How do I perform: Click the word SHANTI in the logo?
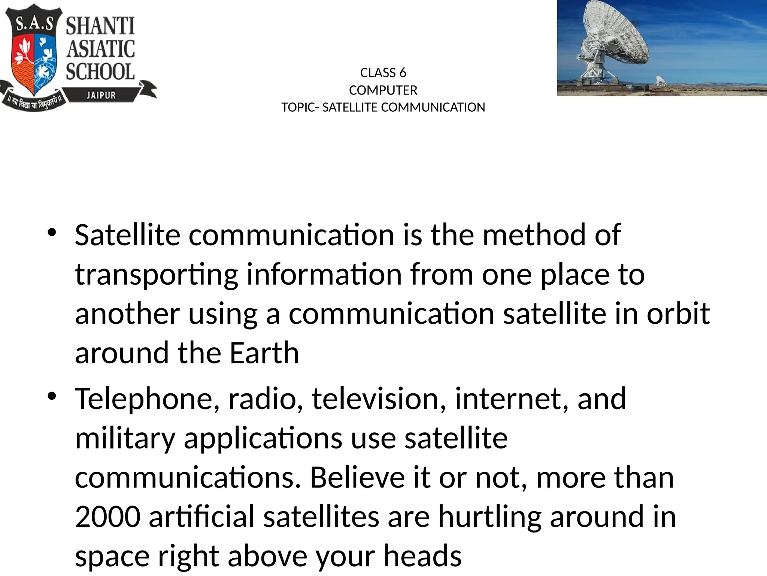tap(100, 27)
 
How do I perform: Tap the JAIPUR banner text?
tap(101, 95)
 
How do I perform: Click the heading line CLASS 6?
tap(383, 73)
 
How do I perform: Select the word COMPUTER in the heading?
tap(383, 90)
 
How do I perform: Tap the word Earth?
tap(264, 353)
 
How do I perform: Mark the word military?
tap(125, 439)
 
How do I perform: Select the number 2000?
tap(108, 517)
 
